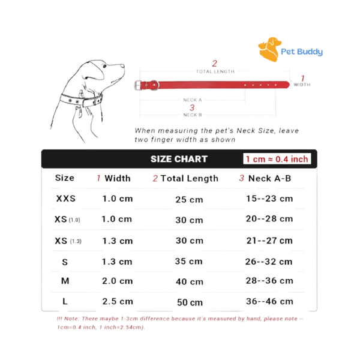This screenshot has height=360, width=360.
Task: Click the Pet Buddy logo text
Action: pos(302,52)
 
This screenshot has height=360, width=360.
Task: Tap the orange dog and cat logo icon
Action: pos(269,49)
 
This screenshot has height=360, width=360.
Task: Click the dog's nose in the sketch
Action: pos(122,66)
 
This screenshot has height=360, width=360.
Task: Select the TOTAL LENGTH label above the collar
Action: pos(215,71)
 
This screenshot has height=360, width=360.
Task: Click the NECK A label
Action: pos(193,100)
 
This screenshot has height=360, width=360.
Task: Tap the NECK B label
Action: pos(193,115)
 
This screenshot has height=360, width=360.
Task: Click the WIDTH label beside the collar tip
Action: pos(302,85)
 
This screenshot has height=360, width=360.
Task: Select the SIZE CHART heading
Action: pos(179,159)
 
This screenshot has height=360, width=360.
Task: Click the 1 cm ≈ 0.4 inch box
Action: pos(277,159)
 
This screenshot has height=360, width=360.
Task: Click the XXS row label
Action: pos(66,199)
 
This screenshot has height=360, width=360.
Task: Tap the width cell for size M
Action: pos(118,281)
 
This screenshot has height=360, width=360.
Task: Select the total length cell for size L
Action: pos(190,302)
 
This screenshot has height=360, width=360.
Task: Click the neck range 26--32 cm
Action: pos(269,262)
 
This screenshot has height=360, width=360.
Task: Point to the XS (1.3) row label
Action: pos(68,241)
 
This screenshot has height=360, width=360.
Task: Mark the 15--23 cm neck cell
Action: pos(269,199)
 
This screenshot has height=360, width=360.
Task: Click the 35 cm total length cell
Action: pos(189,261)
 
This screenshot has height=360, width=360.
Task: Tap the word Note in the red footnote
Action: pos(72,319)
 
